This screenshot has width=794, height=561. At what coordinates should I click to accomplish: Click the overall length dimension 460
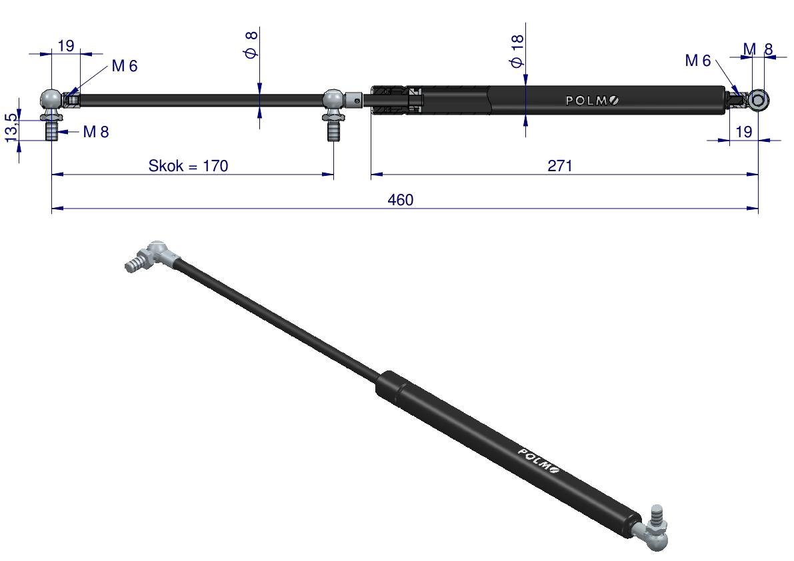tap(401, 200)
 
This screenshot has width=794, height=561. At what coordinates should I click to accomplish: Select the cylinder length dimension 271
tap(559, 165)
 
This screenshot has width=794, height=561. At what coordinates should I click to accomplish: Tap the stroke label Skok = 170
tap(188, 165)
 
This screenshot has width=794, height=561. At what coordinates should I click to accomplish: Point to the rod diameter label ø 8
tap(252, 45)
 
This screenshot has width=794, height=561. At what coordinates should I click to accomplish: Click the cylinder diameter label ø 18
tap(517, 51)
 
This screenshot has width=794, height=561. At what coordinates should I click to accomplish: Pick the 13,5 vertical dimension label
tap(11, 127)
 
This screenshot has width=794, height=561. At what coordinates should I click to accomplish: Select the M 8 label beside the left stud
tap(96, 132)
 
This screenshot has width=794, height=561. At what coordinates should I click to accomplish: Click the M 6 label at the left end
tap(125, 66)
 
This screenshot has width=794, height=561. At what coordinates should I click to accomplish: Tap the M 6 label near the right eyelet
tap(698, 61)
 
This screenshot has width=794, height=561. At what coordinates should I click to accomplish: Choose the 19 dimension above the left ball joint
tap(66, 45)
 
